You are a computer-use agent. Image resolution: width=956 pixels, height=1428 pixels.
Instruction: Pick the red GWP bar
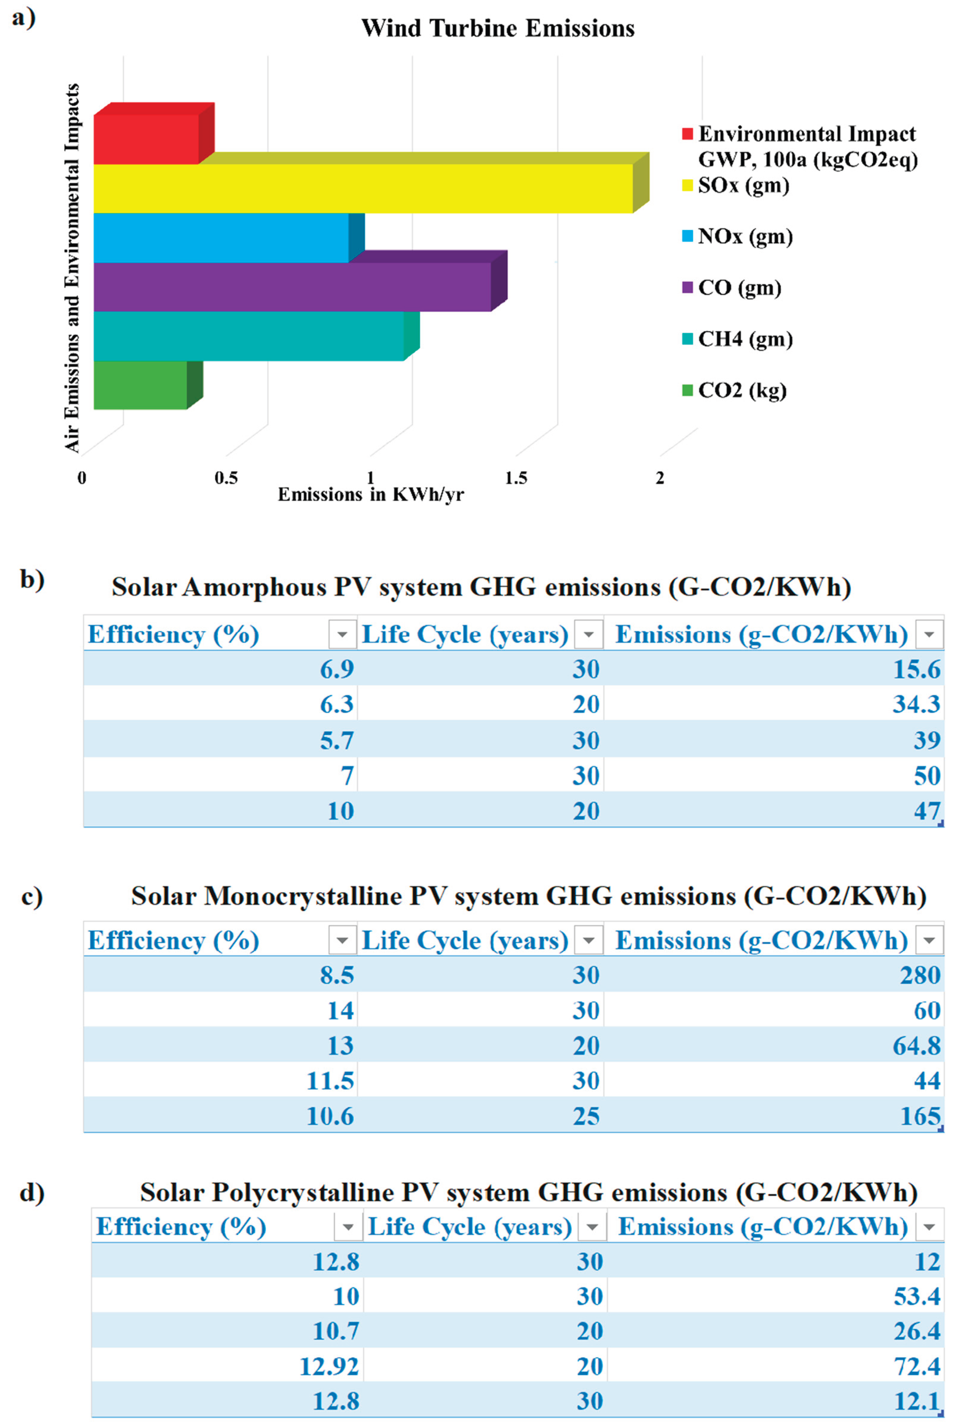[x=146, y=139]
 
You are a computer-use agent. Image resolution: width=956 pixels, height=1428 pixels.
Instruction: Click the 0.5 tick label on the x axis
[x=226, y=478]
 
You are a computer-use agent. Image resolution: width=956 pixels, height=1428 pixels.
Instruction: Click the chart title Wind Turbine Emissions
[x=498, y=28]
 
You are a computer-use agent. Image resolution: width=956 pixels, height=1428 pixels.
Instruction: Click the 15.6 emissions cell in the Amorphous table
[x=916, y=669]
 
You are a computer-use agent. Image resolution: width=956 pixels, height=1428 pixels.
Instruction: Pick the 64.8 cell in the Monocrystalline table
[x=916, y=1046]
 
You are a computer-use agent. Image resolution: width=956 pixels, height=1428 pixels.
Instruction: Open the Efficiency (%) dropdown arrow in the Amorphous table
[x=342, y=634]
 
